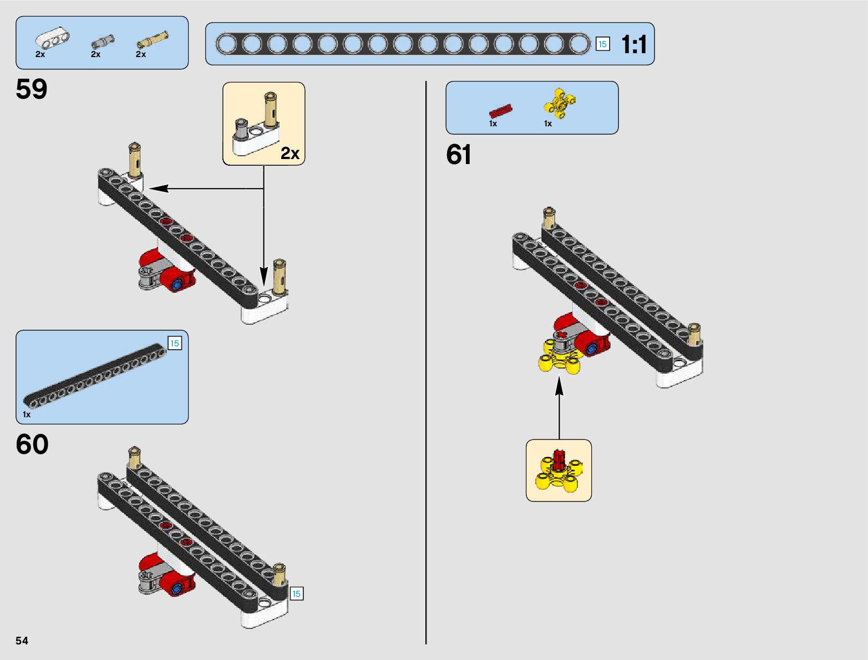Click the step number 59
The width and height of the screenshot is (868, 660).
tap(32, 89)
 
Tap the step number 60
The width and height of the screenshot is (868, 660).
tap(32, 444)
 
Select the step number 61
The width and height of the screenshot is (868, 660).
tap(459, 155)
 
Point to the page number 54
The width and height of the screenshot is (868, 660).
tap(22, 641)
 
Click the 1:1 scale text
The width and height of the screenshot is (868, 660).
tap(633, 44)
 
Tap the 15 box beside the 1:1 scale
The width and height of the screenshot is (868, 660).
tap(602, 44)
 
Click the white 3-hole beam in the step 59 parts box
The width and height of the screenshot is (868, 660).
tap(53, 38)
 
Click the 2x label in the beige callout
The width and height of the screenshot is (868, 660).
tap(290, 154)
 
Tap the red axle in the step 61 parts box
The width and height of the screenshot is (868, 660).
tap(501, 110)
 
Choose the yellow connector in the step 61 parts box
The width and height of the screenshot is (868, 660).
tap(560, 104)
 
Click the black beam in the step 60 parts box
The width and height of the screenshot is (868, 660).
tap(94, 374)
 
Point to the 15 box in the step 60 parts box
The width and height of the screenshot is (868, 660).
tap(175, 344)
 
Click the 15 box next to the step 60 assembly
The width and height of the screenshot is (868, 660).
tap(297, 594)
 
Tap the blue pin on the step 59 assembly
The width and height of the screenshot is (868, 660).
tap(177, 285)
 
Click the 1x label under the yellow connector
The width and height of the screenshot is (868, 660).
tap(548, 124)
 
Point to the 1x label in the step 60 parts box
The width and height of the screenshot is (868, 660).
tap(27, 415)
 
